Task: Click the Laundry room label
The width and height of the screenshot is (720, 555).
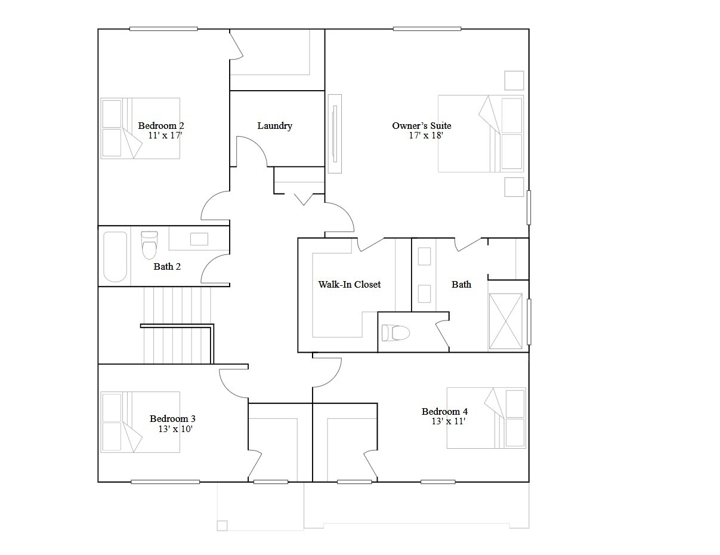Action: [274, 125]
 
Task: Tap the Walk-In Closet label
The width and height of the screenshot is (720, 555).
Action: [349, 284]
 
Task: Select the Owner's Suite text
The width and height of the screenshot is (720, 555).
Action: [422, 125]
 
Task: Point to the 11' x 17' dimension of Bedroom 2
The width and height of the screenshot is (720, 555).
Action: [165, 135]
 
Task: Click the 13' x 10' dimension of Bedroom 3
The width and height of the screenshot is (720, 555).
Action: [175, 428]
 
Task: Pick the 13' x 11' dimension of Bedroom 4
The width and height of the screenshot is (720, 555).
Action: [449, 421]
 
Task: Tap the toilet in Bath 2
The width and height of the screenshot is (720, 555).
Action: [149, 245]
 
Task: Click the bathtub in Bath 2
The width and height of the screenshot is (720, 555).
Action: [115, 257]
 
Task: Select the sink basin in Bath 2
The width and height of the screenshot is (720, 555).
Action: [199, 239]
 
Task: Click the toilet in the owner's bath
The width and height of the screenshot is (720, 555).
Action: [395, 332]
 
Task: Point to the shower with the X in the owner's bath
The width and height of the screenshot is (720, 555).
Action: [506, 321]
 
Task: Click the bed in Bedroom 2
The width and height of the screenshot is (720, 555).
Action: [140, 128]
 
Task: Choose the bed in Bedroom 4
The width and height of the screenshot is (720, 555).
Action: [486, 418]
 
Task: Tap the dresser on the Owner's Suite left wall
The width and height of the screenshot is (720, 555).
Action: [335, 134]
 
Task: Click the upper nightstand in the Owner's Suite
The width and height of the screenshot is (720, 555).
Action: [514, 80]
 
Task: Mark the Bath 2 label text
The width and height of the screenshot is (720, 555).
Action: [167, 266]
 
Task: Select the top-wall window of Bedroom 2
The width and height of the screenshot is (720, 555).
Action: [163, 29]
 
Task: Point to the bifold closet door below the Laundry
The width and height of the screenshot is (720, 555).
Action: [304, 199]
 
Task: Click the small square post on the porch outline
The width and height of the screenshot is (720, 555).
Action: [222, 526]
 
